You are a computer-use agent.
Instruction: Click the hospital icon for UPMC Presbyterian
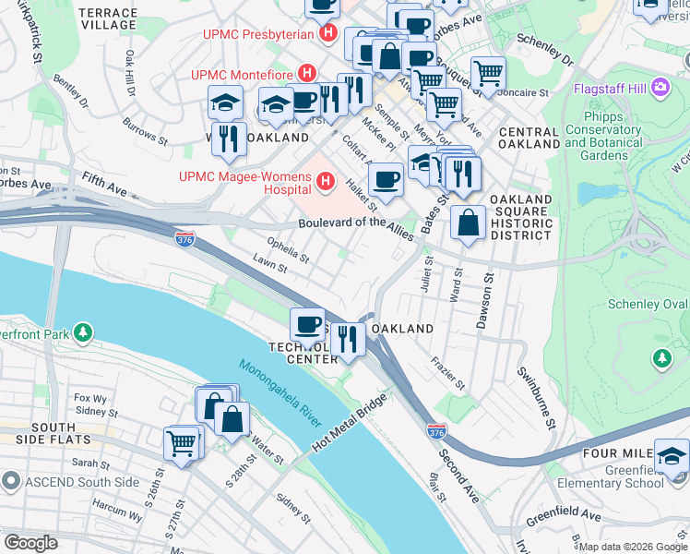click(x=327, y=34)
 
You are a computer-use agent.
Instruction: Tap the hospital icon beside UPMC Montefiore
click(x=308, y=73)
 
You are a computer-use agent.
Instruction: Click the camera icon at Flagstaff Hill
click(x=660, y=89)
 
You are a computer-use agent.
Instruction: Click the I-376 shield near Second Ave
click(x=438, y=431)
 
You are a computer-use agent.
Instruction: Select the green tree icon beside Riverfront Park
click(x=84, y=331)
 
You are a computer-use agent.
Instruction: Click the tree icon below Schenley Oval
click(x=660, y=356)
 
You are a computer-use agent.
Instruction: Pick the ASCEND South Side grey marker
click(x=10, y=481)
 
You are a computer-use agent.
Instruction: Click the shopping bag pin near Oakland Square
click(x=469, y=223)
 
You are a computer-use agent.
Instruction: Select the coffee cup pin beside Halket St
click(x=387, y=178)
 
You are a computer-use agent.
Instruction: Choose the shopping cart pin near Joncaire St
click(x=487, y=73)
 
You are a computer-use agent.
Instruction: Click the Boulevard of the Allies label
click(x=354, y=224)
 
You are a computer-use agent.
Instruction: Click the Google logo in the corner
click(x=31, y=542)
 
